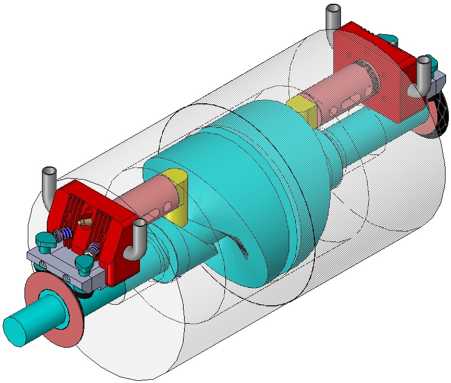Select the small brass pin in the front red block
coord(83,222)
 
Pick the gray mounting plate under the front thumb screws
coord(65,267)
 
